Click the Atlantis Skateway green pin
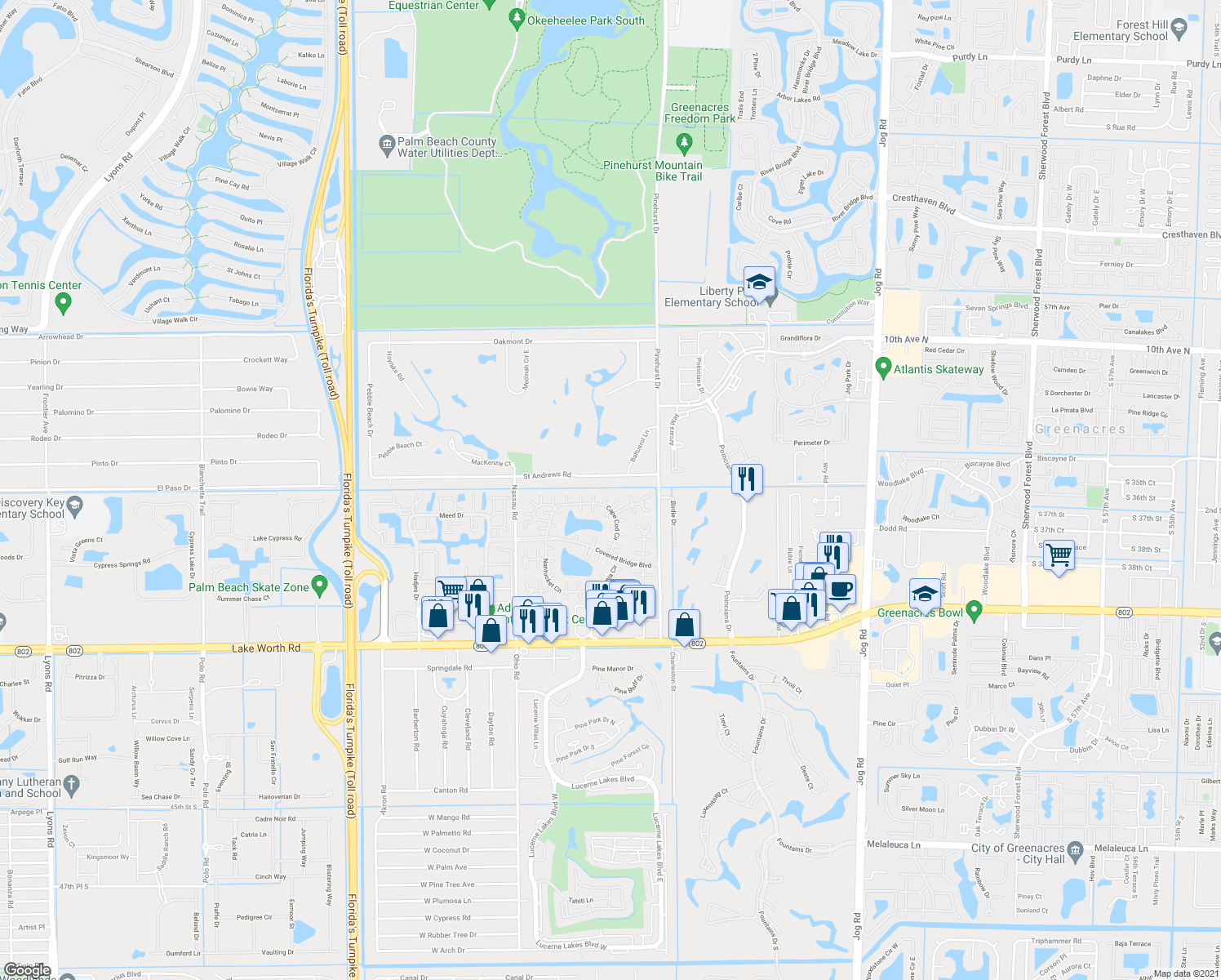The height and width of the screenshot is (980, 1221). click(882, 368)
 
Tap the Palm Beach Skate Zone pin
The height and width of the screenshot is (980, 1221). click(319, 586)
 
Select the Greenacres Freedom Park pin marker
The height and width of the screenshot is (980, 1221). click(685, 143)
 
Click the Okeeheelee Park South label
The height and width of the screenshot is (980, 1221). click(585, 20)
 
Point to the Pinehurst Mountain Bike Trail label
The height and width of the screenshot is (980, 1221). click(653, 171)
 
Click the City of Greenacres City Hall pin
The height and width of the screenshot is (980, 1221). click(1075, 850)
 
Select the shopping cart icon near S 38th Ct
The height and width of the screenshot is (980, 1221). click(1059, 555)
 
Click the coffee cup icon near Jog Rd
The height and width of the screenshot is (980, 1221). click(841, 589)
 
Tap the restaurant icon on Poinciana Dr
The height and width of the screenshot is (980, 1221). click(747, 479)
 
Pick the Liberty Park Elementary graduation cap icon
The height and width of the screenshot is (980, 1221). click(760, 282)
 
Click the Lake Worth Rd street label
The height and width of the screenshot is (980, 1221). click(266, 648)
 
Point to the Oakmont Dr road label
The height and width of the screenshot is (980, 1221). click(513, 341)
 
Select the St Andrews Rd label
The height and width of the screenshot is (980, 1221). click(547, 474)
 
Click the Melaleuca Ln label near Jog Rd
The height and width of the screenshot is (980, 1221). click(893, 845)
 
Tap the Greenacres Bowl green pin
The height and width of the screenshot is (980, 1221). click(973, 611)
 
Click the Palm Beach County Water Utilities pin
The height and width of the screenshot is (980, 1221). click(388, 146)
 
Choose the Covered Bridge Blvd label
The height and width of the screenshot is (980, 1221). click(623, 558)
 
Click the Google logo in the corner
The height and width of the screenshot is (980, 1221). click(27, 970)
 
